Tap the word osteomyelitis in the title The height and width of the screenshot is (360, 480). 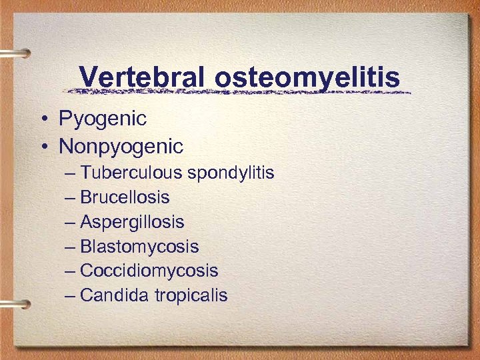point(307,78)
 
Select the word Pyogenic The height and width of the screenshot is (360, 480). point(103,119)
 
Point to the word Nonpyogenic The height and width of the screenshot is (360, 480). point(121,145)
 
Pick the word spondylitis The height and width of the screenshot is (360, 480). point(231,174)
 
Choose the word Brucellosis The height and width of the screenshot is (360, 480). point(125,197)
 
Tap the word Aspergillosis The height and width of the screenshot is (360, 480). point(132,222)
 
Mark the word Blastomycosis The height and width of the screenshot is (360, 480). point(139,247)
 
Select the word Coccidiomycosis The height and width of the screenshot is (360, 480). point(149,271)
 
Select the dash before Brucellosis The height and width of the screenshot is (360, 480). point(71,198)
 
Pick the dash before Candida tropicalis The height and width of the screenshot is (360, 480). point(71,295)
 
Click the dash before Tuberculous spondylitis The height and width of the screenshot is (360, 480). point(71,173)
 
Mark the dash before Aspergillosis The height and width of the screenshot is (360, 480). point(71,222)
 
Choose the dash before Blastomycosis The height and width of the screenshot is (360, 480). point(71,247)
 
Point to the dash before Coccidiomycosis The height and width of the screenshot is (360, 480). point(71,271)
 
